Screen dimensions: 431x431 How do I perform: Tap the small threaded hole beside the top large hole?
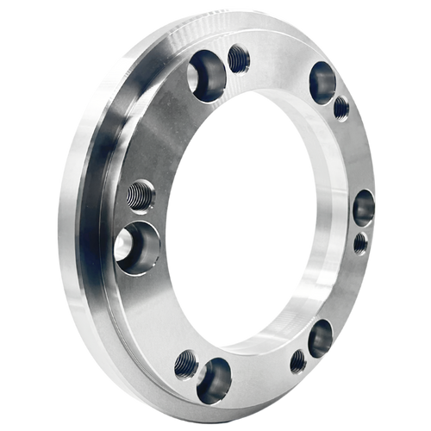coord(239,59)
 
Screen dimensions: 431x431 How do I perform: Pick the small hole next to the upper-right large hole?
coord(341,108)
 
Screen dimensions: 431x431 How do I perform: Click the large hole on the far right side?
coord(364,207)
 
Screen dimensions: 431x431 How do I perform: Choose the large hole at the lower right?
coord(321,338)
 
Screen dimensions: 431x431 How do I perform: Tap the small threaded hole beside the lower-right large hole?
coord(297,360)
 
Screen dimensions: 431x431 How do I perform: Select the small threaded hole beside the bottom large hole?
coord(185,365)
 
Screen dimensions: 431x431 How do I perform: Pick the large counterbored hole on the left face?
coord(137,246)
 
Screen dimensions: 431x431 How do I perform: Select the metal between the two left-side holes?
coord(138,217)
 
